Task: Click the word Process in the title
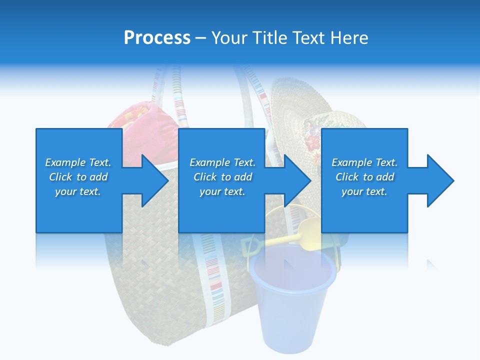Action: (157, 38)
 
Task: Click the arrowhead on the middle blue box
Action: (296, 180)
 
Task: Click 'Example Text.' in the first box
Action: (78, 162)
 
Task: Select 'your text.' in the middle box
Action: (222, 191)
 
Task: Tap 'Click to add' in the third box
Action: (364, 177)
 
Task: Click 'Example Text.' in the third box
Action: (364, 162)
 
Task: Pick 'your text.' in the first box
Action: (78, 191)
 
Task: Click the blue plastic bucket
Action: (291, 300)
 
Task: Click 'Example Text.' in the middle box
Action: (222, 162)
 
